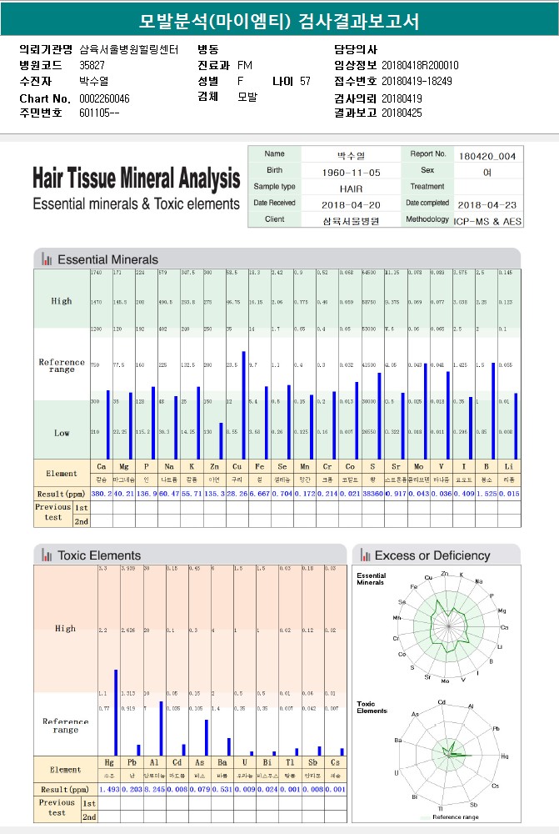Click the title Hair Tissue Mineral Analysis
coord(136,178)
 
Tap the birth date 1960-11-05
coord(350,172)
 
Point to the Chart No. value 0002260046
coord(104,98)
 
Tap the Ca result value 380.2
coord(101,495)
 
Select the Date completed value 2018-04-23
coord(487,204)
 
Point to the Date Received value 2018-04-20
coord(350,204)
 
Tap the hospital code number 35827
coord(92,65)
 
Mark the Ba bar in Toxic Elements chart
coord(229,746)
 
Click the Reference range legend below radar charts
coord(455,817)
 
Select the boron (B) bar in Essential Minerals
coord(493,410)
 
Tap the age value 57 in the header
coord(305,82)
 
